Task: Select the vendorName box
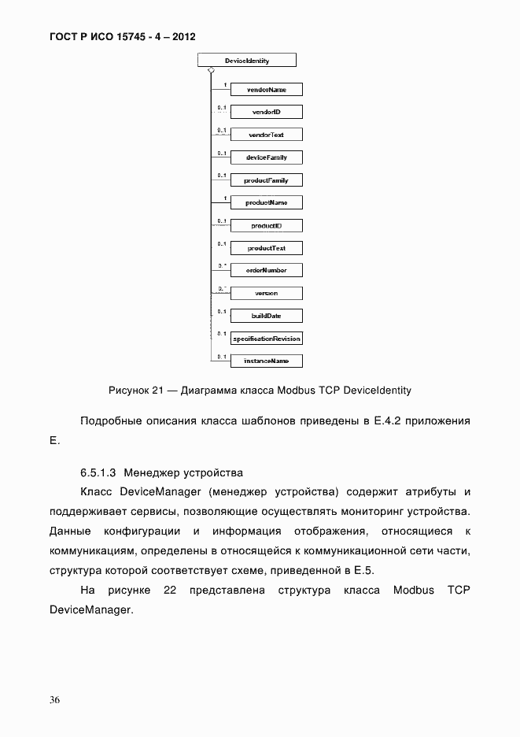pyautogui.click(x=266, y=90)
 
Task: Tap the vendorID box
pyautogui.click(x=266, y=113)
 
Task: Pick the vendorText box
pyautogui.click(x=266, y=135)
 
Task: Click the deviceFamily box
pyautogui.click(x=266, y=157)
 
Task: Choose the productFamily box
pyautogui.click(x=266, y=180)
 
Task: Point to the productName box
pyautogui.click(x=266, y=202)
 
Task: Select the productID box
pyautogui.click(x=266, y=225)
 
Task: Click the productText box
pyautogui.click(x=266, y=248)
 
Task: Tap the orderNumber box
pyautogui.click(x=266, y=270)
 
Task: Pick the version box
pyautogui.click(x=266, y=293)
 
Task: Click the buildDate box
pyautogui.click(x=266, y=316)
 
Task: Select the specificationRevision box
pyautogui.click(x=266, y=339)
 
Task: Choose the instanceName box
pyautogui.click(x=266, y=361)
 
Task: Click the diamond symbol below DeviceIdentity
pyautogui.click(x=211, y=71)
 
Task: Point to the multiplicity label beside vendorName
pyautogui.click(x=225, y=84)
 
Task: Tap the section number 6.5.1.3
pyautogui.click(x=98, y=473)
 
